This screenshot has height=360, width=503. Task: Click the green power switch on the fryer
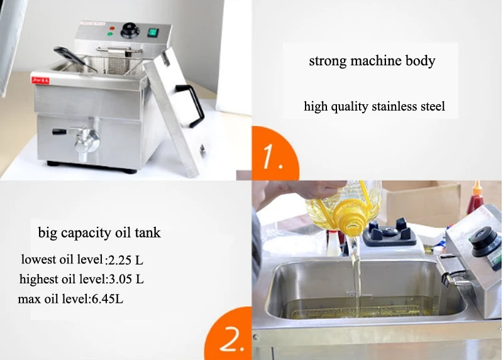pyautogui.click(x=153, y=33)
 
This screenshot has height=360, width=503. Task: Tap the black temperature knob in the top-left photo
pyautogui.click(x=130, y=30)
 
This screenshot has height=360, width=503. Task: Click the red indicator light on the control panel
pyautogui.click(x=112, y=28)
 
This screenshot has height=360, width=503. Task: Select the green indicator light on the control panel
pyautogui.click(x=110, y=34)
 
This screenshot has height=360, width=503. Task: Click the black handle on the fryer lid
pyautogui.click(x=191, y=105)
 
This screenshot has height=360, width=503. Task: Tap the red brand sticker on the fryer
pyautogui.click(x=40, y=80)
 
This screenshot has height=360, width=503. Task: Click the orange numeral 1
pyautogui.click(x=272, y=156)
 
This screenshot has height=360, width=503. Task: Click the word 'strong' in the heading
pyautogui.click(x=328, y=61)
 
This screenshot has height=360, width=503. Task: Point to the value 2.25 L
pyautogui.click(x=125, y=260)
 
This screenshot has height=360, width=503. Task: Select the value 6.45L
pyautogui.click(x=108, y=299)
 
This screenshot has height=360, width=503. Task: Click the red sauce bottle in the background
pyautogui.click(x=475, y=199)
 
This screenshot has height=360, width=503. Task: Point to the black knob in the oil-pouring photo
pyautogui.click(x=484, y=242)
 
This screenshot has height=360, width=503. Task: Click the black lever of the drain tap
pyautogui.click(x=60, y=132)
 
